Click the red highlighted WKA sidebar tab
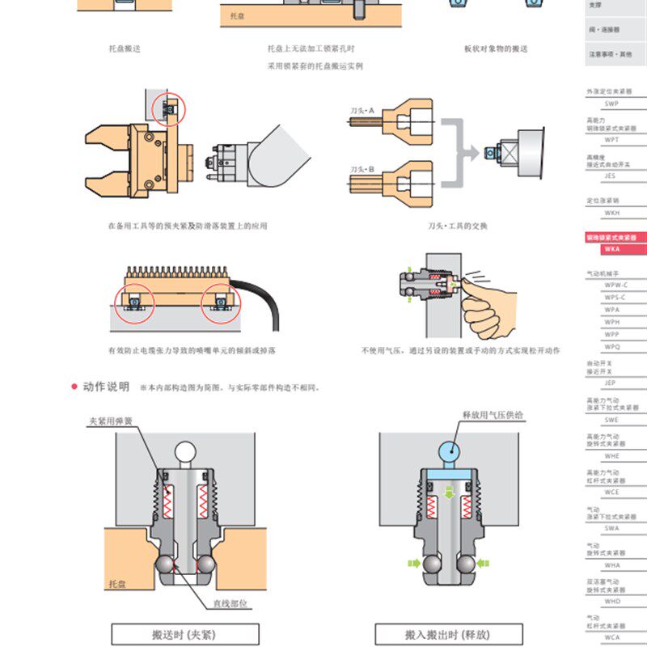(615, 243)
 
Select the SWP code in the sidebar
(611, 104)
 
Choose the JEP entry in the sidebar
(611, 382)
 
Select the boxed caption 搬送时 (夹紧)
(184, 634)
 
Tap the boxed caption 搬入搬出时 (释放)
(448, 634)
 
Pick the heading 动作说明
(105, 387)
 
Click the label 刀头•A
(361, 108)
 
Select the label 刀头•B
(361, 169)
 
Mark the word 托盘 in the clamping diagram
(117, 582)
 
